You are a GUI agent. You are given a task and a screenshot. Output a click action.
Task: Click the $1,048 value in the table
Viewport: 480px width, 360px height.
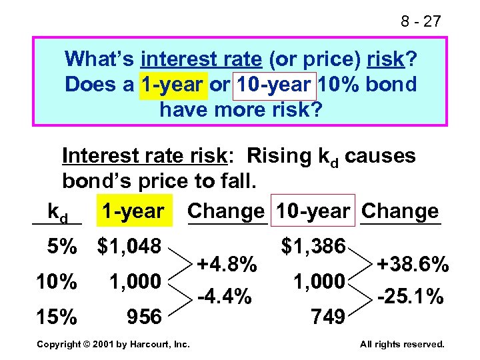(129, 247)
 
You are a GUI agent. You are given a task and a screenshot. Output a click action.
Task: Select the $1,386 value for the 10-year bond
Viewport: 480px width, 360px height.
(313, 247)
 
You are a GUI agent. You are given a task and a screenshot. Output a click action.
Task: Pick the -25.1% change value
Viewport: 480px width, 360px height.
(409, 295)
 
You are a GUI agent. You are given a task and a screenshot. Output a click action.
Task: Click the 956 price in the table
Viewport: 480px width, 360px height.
(144, 317)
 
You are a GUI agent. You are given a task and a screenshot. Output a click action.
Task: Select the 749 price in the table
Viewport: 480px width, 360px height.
(328, 317)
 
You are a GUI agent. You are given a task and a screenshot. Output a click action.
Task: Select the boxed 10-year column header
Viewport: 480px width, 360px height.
(313, 211)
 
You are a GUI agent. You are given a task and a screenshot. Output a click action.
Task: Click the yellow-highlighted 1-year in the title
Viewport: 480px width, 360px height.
(171, 85)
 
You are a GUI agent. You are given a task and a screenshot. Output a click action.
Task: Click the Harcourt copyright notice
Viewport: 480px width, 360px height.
(113, 345)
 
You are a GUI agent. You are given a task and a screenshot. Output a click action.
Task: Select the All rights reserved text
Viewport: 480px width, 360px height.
(402, 345)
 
